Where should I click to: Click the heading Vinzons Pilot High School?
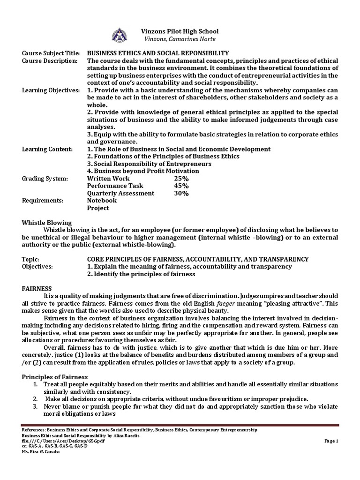(x=180, y=31)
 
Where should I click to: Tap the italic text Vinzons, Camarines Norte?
(x=180, y=39)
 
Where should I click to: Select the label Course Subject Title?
(x=50, y=53)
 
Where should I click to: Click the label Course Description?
(x=49, y=61)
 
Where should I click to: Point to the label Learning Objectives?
(x=51, y=90)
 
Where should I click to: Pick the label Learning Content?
(x=47, y=149)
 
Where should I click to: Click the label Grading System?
(x=45, y=179)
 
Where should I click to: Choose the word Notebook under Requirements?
(x=102, y=201)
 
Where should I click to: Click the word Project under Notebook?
(x=98, y=208)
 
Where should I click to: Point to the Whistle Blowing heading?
(x=47, y=223)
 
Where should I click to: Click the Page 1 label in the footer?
(x=331, y=441)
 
